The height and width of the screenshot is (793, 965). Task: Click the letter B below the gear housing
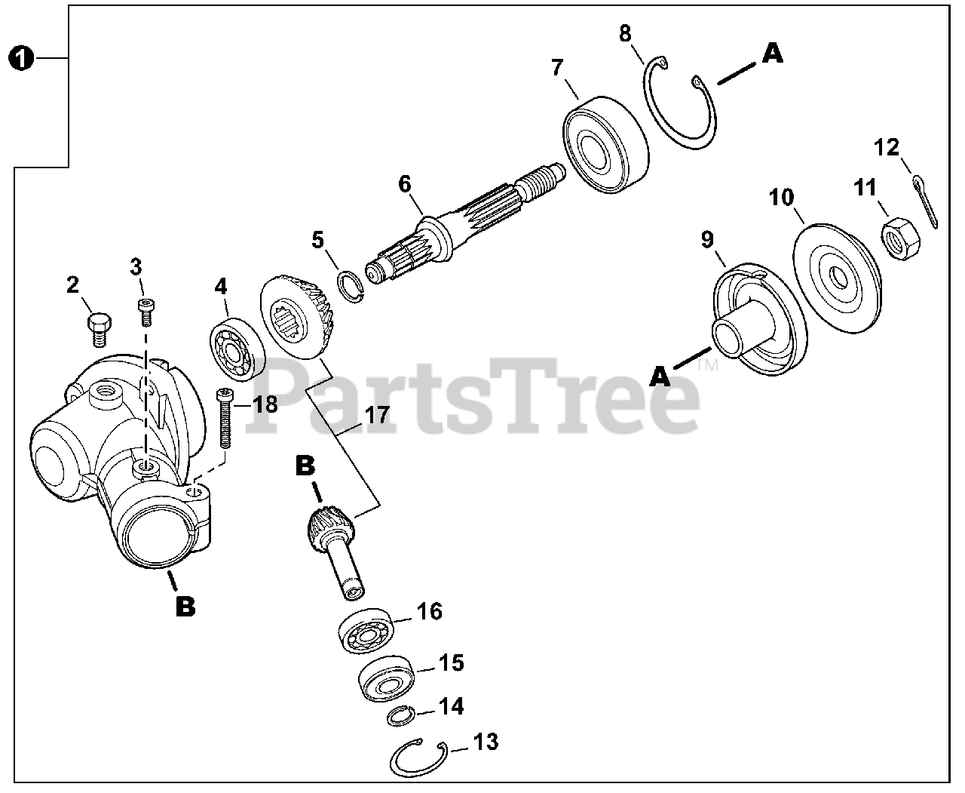tap(184, 605)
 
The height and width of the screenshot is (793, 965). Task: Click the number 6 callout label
tap(405, 183)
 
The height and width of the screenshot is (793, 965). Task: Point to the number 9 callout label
tap(707, 240)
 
